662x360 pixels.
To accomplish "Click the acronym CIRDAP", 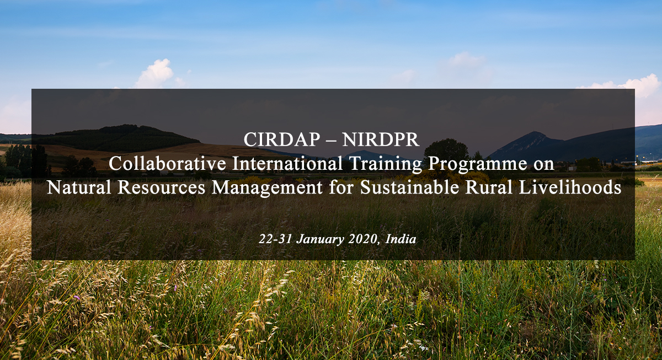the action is click(282, 139).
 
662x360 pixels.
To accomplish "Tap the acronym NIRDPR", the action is click(381, 139).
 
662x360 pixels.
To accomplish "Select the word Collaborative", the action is click(167, 163).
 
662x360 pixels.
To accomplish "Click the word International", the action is click(287, 163).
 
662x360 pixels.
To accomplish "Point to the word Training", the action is click(385, 164).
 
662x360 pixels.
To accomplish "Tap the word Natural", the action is click(79, 187).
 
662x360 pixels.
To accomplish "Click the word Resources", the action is click(161, 187).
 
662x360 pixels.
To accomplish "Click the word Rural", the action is click(489, 187).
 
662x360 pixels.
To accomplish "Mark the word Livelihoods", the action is click(570, 187).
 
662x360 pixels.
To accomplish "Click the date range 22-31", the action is click(275, 239).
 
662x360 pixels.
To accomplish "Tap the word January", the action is click(321, 239).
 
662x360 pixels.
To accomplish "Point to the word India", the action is click(401, 239).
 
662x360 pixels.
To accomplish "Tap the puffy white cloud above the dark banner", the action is click(155, 74).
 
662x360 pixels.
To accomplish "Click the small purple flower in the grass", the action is click(77, 297).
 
